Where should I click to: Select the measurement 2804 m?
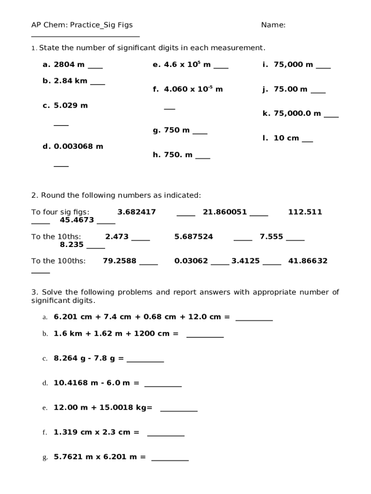(x=69, y=65)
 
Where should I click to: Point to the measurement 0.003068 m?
(x=79, y=146)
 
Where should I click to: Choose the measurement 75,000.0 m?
(x=297, y=113)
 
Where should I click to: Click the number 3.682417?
(x=136, y=212)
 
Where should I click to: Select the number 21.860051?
(x=225, y=212)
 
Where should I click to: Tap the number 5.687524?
(x=194, y=236)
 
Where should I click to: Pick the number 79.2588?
(x=119, y=261)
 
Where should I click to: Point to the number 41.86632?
(x=308, y=261)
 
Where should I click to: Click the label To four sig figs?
(x=60, y=212)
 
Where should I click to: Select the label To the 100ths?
(x=58, y=261)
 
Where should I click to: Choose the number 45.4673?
(x=77, y=220)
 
